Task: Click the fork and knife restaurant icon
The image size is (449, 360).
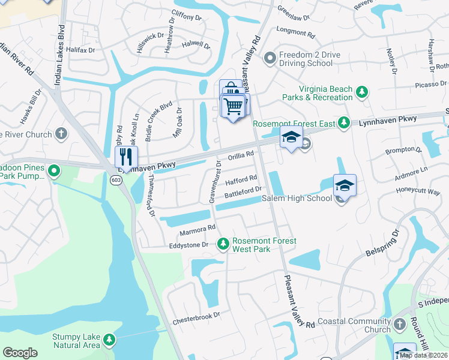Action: pos(126,157)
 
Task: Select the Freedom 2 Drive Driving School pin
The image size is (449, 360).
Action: pos(270,58)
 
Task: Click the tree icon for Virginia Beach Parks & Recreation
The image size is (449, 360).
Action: pos(361,92)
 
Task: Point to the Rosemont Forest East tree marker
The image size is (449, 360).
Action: pos(343,123)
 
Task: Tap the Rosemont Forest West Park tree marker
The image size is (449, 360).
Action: pos(223,244)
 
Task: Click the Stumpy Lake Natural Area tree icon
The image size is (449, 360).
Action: pos(109,340)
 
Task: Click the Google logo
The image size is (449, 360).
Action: pos(20,353)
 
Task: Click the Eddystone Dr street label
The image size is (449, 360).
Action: pos(188,245)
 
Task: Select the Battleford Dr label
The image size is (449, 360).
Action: pos(243,192)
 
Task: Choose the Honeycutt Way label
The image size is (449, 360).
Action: pos(418,191)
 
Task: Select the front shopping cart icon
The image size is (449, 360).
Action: pos(234,106)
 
